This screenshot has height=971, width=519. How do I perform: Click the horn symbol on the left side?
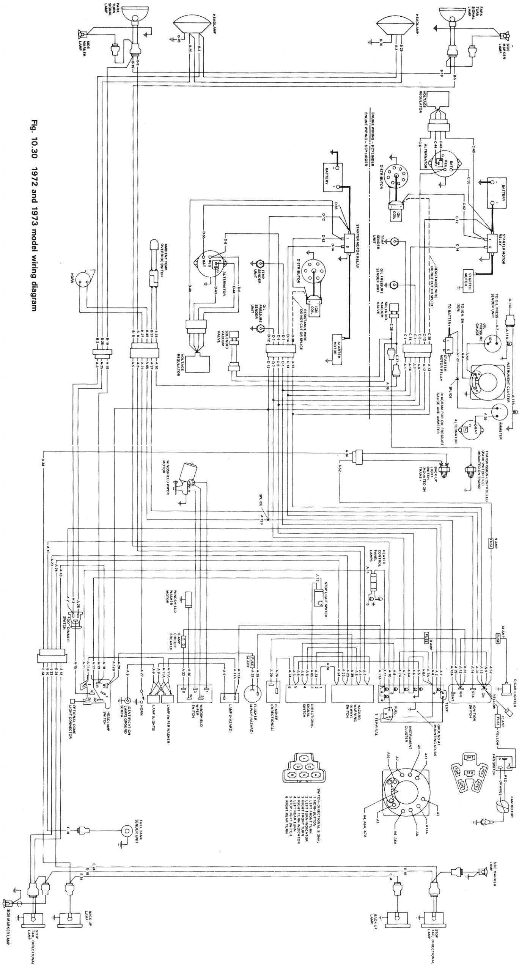click(83, 280)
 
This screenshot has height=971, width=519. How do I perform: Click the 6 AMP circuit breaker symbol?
click(184, 641)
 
